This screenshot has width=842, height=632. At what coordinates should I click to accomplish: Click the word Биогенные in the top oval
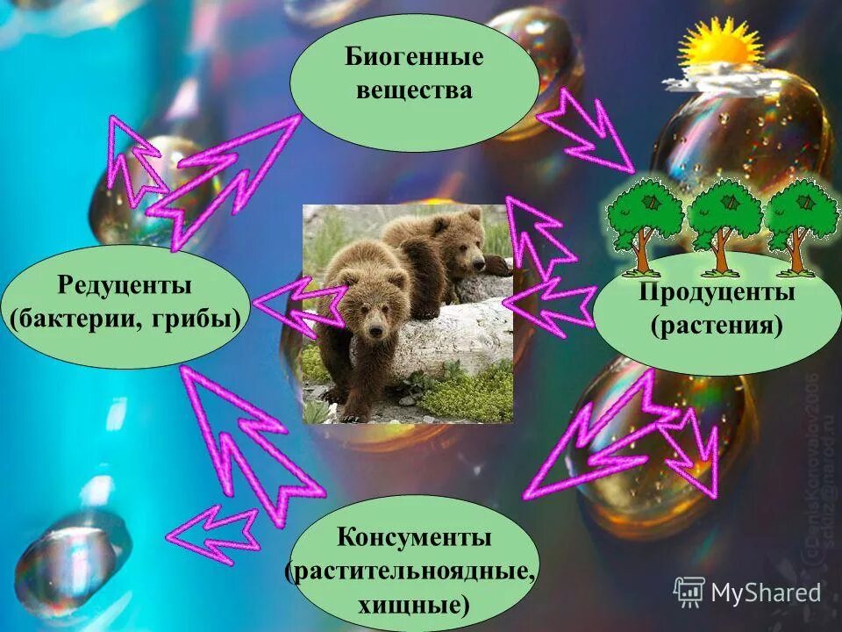click(x=414, y=60)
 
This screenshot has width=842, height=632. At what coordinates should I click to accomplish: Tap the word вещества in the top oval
click(x=414, y=90)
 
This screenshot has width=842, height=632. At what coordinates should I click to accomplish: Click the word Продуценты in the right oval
click(x=717, y=292)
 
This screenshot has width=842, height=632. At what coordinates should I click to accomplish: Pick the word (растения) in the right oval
click(x=717, y=326)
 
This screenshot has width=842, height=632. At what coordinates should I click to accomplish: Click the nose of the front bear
click(x=375, y=331)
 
